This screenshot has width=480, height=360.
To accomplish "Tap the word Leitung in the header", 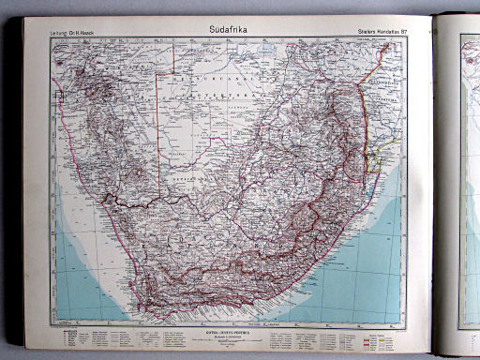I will [59, 37].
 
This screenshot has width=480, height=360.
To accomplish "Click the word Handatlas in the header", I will [378, 37].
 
